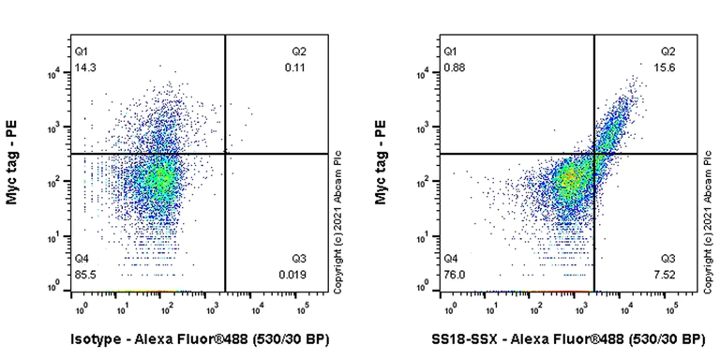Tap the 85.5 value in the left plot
coord(84,274)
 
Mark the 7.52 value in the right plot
coord(667,274)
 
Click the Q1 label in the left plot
coord(82,52)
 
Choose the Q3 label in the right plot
coord(668,258)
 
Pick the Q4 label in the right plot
coord(452,258)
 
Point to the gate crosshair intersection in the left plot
coord(225,153)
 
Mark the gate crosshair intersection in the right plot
coord(593,153)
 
